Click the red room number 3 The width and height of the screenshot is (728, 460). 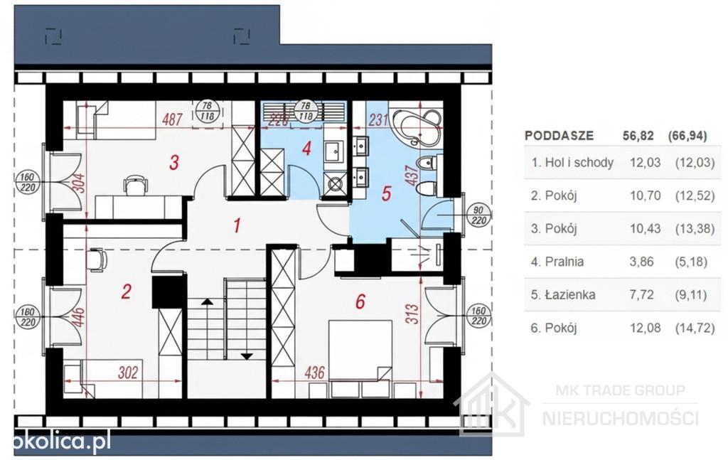174,163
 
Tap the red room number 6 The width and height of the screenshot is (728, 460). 360,301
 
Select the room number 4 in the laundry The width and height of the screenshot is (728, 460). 306,149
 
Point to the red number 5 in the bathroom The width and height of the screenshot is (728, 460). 386,193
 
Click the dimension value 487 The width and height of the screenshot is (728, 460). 172,119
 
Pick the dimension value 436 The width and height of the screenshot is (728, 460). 314,373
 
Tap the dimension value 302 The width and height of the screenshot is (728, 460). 128,373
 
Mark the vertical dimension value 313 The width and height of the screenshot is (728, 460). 412,314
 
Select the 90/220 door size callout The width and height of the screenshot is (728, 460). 478,215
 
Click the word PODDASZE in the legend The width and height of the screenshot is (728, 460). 559,136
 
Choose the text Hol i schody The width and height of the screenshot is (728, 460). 579,163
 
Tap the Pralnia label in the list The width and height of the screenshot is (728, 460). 564,262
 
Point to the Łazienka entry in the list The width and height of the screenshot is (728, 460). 569,295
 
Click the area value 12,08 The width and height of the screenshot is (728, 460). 646,328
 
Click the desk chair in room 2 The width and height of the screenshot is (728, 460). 96,260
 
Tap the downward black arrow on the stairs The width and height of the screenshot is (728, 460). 247,356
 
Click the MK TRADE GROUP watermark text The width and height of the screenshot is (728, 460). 620,390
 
